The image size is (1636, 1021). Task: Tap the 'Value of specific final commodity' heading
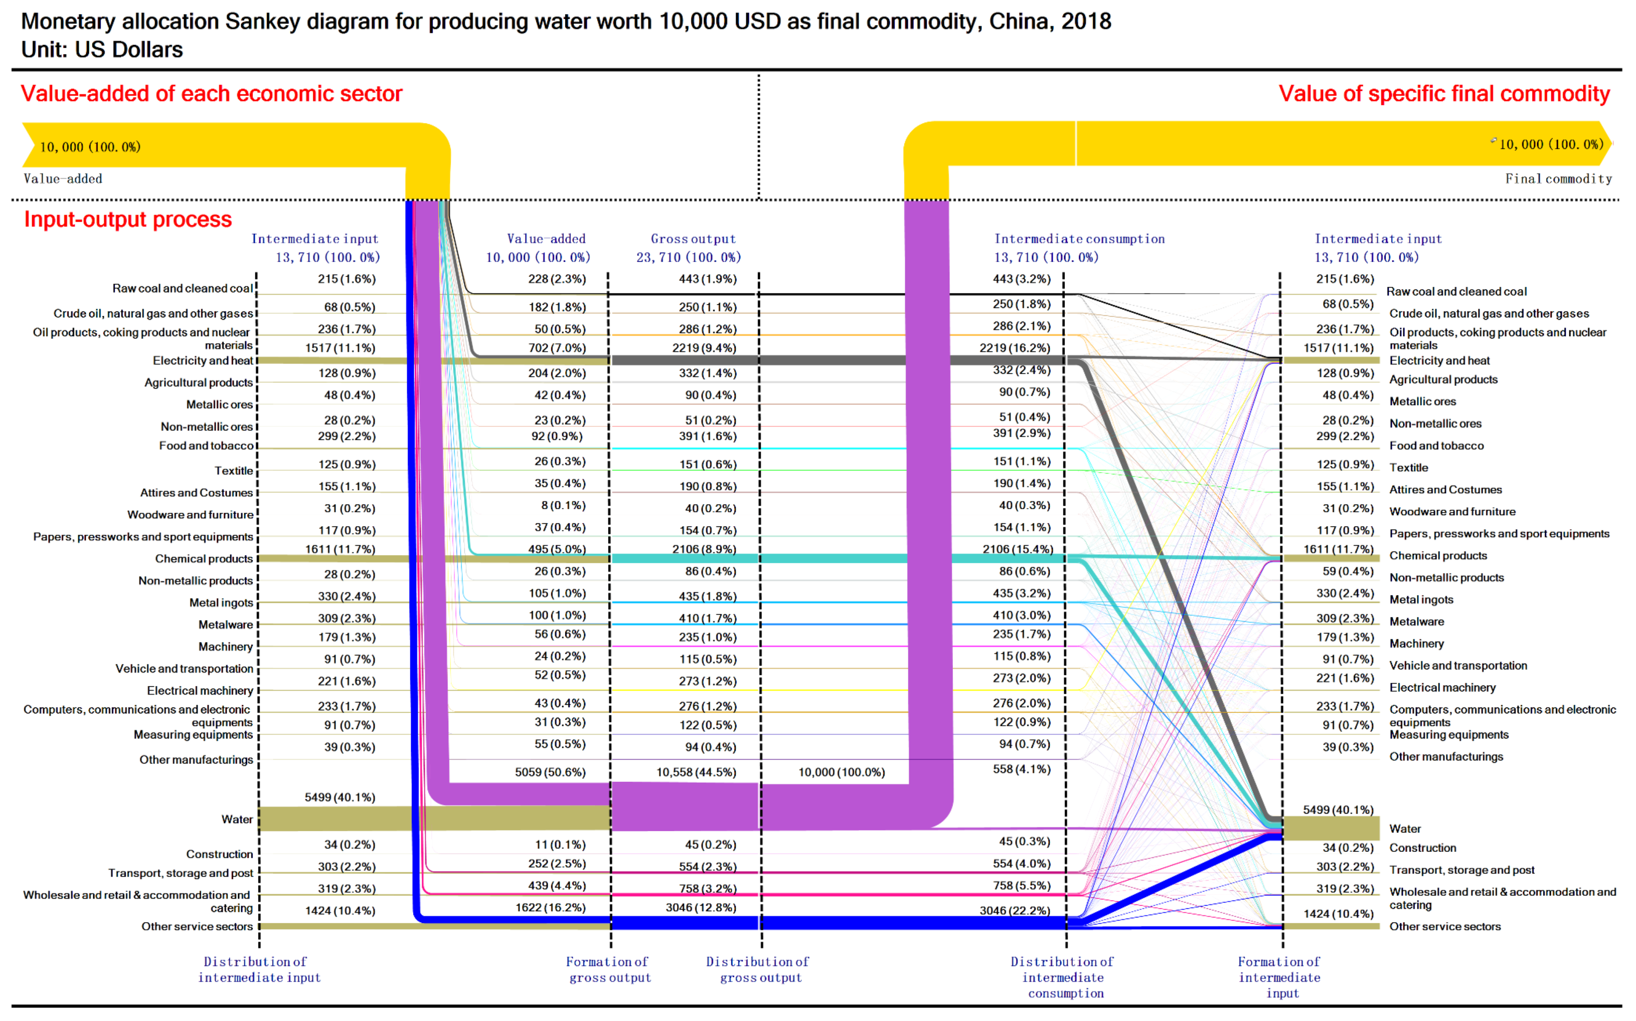coord(1444,94)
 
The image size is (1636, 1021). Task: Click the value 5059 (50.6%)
coord(550,772)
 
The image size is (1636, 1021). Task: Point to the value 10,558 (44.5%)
coord(696,772)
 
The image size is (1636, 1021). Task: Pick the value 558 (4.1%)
coord(1021,769)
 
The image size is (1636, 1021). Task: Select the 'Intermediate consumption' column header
coord(1079,239)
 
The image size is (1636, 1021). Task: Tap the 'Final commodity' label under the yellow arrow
coord(1558,179)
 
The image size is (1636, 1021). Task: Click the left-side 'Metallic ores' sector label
coord(219,404)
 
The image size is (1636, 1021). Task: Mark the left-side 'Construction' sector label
coord(219,854)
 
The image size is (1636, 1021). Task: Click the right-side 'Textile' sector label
coord(1408,467)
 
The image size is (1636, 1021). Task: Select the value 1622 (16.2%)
coord(550,908)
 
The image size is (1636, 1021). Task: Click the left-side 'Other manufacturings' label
coord(197,760)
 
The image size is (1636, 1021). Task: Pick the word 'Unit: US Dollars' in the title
coord(102,50)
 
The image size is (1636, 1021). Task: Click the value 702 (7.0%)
coord(557,348)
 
